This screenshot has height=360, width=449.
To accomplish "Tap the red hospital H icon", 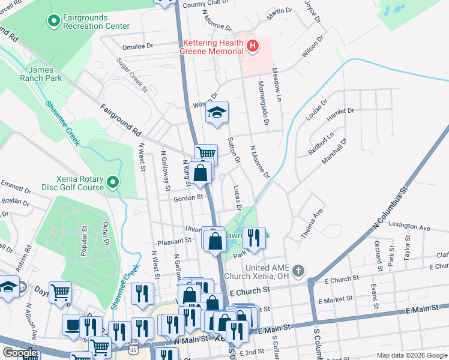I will coord(253,46).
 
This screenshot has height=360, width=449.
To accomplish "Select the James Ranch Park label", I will coord(45,74).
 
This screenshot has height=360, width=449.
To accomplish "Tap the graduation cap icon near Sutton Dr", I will coord(217,113).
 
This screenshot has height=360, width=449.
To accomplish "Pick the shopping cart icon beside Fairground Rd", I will coord(206,153).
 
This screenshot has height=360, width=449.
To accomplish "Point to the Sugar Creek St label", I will coord(132,75).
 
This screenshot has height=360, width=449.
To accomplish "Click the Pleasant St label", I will coord(173,241).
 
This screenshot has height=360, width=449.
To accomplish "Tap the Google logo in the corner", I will coord(19,353).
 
